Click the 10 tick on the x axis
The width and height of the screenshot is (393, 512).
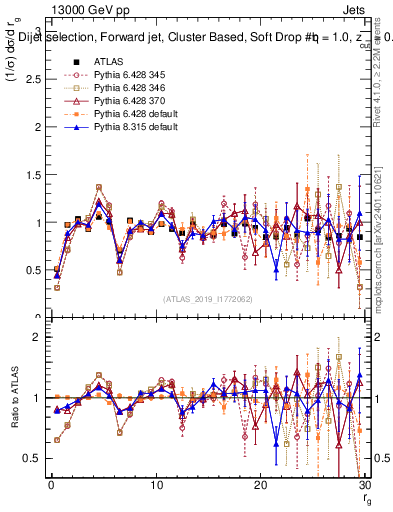click(156, 485)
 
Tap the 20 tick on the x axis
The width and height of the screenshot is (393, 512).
click(261, 485)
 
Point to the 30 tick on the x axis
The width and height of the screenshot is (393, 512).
click(365, 485)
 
